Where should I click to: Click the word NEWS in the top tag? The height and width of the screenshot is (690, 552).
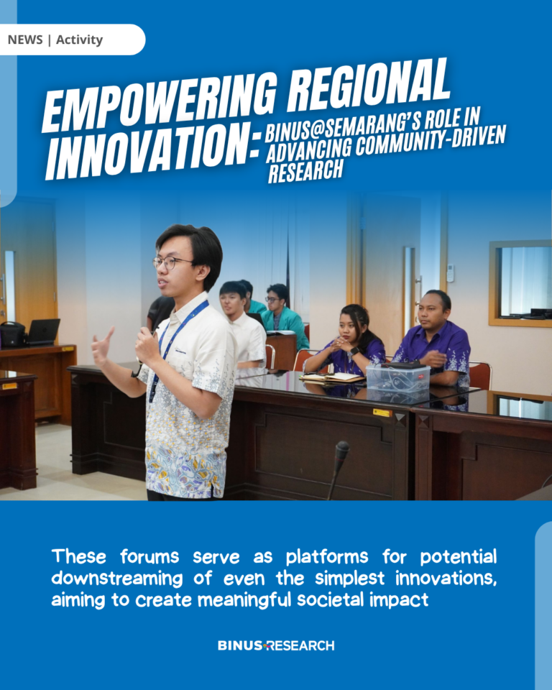[x=25, y=40]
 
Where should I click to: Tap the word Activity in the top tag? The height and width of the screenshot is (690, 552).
[x=79, y=40]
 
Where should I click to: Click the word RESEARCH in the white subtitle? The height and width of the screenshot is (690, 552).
[x=305, y=170]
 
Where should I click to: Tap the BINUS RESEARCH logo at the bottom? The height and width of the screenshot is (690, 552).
[x=276, y=645]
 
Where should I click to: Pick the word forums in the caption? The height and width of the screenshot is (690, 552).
[x=149, y=556]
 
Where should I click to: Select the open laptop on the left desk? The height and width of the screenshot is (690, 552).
[x=42, y=332]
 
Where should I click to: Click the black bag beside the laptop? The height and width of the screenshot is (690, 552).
[x=12, y=334]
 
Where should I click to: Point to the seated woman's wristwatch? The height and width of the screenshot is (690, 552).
[x=354, y=351]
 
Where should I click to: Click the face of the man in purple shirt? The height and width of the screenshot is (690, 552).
[x=430, y=311]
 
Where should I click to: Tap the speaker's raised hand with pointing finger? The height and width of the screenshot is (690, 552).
[x=103, y=344]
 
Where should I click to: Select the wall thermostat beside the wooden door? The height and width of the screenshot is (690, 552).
[x=450, y=272]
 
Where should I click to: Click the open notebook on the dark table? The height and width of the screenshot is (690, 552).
[x=332, y=377]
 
